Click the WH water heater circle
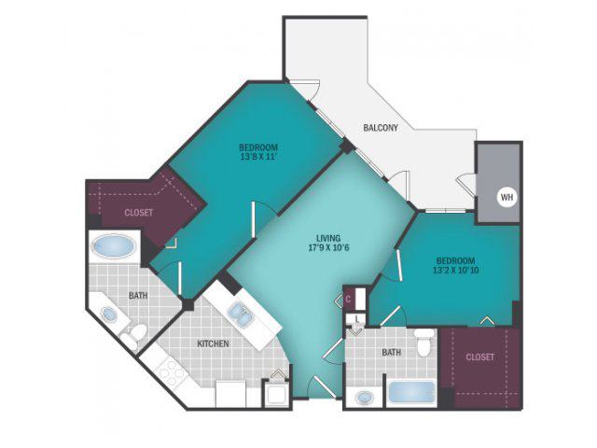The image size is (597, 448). pyautogui.click(x=507, y=197)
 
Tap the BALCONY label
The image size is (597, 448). pyautogui.click(x=381, y=128)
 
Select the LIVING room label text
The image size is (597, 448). pyautogui.click(x=328, y=239)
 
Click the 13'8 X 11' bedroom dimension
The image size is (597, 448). pyautogui.click(x=258, y=157)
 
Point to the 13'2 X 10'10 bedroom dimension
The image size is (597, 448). pyautogui.click(x=456, y=271)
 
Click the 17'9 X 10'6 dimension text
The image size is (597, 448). pyautogui.click(x=328, y=248)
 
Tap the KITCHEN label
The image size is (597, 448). pyautogui.click(x=213, y=343)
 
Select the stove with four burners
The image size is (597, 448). pyautogui.click(x=171, y=371)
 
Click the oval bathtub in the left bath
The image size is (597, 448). pyautogui.click(x=114, y=246)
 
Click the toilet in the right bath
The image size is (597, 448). pyautogui.click(x=424, y=343)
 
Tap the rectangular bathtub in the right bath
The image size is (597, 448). pyautogui.click(x=411, y=393)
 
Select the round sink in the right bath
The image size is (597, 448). pyautogui.click(x=365, y=399)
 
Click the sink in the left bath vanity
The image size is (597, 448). pyautogui.click(x=109, y=315)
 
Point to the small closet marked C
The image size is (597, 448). pyautogui.click(x=348, y=299)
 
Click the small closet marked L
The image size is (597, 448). pyautogui.click(x=356, y=318)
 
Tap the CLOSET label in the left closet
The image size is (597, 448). pyautogui.click(x=139, y=213)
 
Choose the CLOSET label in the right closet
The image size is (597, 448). pyautogui.click(x=479, y=357)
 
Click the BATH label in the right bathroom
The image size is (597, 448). pyautogui.click(x=391, y=353)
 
